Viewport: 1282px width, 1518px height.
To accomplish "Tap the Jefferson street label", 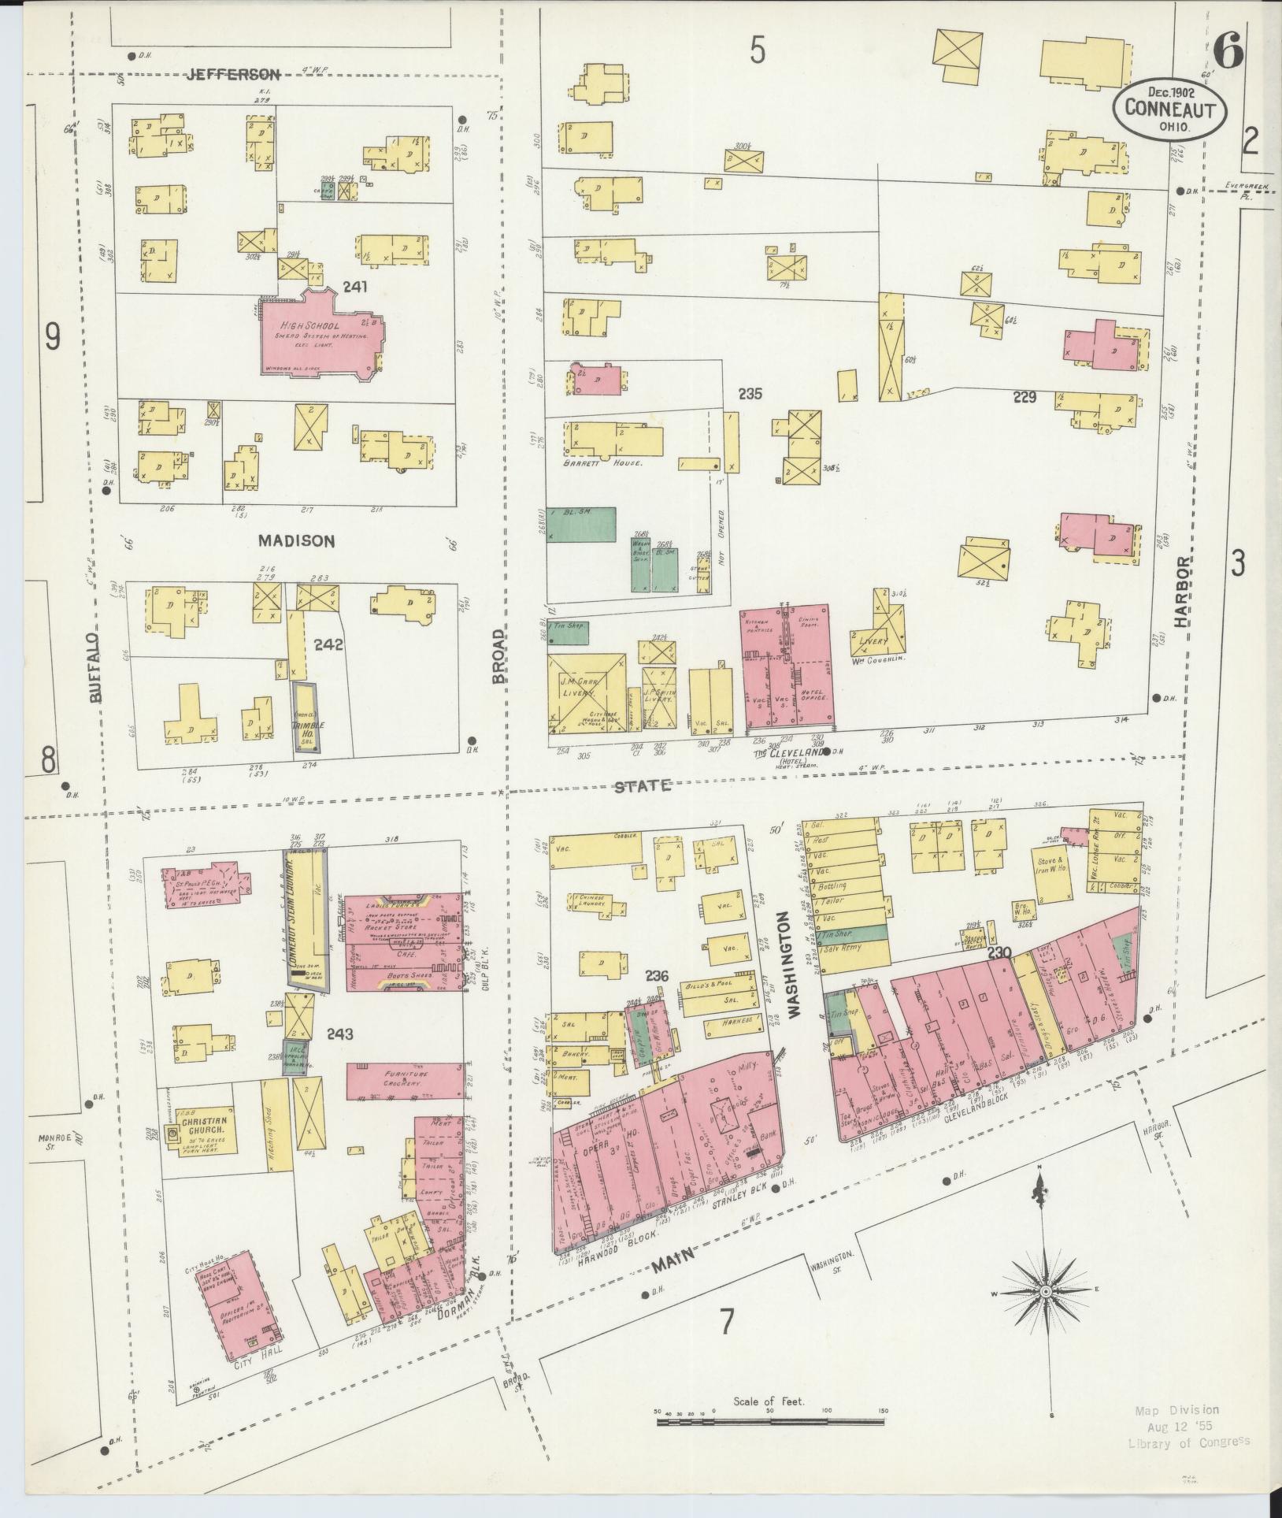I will pyautogui.click(x=234, y=75).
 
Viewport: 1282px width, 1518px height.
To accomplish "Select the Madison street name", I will pyautogui.click(x=296, y=540).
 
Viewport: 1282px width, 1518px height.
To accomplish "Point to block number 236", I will pyautogui.click(x=657, y=976).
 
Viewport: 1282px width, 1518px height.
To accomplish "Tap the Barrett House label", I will pyautogui.click(x=603, y=464).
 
